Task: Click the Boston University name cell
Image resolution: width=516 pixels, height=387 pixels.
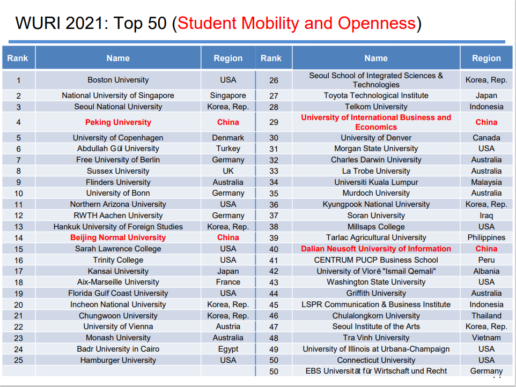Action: tap(118, 80)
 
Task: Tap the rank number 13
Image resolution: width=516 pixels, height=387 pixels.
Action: tap(19, 227)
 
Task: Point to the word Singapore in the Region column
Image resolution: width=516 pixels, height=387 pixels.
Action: tap(228, 95)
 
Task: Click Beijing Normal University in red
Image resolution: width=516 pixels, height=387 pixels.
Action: tap(118, 237)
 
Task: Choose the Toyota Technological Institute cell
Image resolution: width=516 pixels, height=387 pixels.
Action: tap(376, 95)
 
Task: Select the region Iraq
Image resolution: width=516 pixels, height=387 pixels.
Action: tap(486, 215)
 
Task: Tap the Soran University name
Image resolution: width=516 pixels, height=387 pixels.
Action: tap(376, 215)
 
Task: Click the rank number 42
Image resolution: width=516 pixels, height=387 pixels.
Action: tap(274, 271)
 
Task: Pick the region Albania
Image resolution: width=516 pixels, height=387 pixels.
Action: tap(486, 271)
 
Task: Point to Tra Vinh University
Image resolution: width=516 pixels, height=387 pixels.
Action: tap(376, 338)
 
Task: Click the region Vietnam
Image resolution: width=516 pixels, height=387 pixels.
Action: tap(486, 338)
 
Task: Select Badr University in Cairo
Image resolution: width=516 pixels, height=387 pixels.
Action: tap(118, 349)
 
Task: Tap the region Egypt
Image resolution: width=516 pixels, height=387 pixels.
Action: tap(228, 349)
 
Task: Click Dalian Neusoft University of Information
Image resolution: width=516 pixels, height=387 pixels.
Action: tap(376, 249)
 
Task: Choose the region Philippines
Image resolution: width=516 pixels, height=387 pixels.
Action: tap(486, 237)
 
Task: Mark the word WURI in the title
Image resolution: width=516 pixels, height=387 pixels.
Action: tap(39, 23)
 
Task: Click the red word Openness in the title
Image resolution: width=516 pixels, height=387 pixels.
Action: tap(376, 23)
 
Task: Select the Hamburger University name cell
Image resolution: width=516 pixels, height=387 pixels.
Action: tap(118, 360)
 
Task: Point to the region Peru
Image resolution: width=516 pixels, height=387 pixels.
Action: tap(486, 260)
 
